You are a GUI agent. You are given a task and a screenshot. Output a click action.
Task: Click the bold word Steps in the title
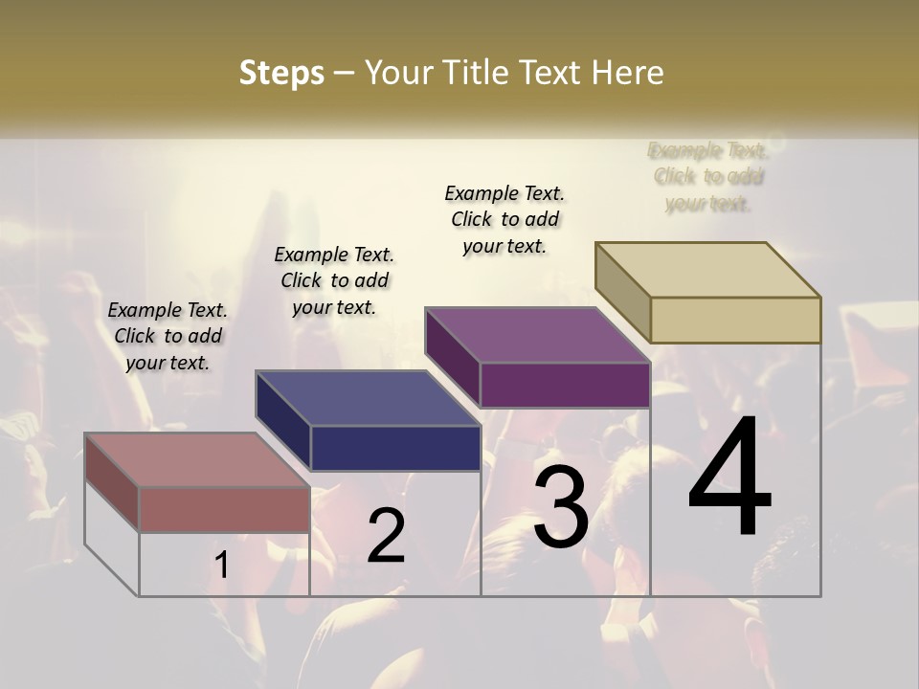pyautogui.click(x=281, y=73)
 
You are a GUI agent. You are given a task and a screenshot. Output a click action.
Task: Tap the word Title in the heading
pyautogui.click(x=476, y=73)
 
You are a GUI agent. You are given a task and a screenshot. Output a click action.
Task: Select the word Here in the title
pyautogui.click(x=628, y=73)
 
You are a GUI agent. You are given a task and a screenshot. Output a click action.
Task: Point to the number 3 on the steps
pyautogui.click(x=560, y=506)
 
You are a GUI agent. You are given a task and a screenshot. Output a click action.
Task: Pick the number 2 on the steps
pyautogui.click(x=386, y=536)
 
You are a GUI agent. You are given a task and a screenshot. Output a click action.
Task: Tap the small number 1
pyautogui.click(x=221, y=566)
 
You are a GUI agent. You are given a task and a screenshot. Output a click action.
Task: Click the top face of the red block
pyautogui.click(x=197, y=460)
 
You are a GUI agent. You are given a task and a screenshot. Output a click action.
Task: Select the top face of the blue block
pyautogui.click(x=369, y=398)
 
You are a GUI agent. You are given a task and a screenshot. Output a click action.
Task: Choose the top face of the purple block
pyautogui.click(x=538, y=335)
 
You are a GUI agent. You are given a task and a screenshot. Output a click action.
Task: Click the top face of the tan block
pyautogui.click(x=708, y=270)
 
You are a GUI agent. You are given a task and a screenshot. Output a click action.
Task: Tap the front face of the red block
pyautogui.click(x=224, y=509)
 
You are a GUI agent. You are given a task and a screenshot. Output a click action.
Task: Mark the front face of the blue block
pyautogui.click(x=395, y=448)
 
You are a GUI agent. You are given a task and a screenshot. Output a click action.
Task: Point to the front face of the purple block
pyautogui.click(x=565, y=385)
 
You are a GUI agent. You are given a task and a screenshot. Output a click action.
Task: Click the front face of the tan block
pyautogui.click(x=735, y=320)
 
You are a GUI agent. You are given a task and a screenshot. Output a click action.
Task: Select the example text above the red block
pyautogui.click(x=168, y=336)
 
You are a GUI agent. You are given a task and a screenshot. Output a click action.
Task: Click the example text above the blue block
pyautogui.click(x=334, y=280)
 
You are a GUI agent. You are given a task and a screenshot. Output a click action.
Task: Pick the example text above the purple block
pyautogui.click(x=504, y=219)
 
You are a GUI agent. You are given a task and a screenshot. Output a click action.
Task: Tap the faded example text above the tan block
pyautogui.click(x=707, y=177)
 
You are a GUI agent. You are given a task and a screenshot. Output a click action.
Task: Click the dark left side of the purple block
pyautogui.click(x=452, y=357)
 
